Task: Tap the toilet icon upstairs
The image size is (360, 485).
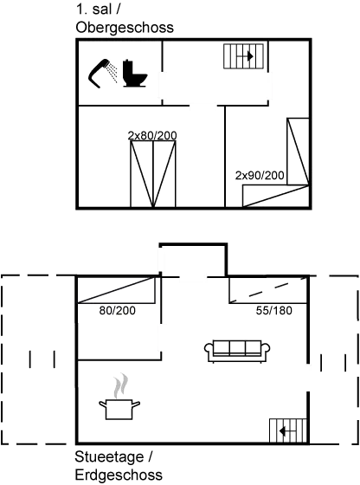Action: point(134,73)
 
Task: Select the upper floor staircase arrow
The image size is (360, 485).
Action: point(246,56)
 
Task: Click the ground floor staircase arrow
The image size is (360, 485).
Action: point(287,431)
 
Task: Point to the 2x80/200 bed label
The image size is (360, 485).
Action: point(152,135)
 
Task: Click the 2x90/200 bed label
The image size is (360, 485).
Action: point(260,175)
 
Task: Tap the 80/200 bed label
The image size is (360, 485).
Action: point(118,310)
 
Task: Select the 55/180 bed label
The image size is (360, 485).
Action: point(274,310)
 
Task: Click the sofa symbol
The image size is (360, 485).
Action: point(237,351)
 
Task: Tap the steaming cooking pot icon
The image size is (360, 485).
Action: point(119,408)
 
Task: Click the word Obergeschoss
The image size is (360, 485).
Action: point(125,28)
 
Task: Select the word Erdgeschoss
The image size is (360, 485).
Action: point(119,475)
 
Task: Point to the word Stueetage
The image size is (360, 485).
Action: point(109,457)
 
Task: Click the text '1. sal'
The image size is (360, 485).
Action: point(93,10)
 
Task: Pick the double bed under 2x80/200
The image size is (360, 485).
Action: point(153,174)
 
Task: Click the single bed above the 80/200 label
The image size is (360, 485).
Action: point(116,290)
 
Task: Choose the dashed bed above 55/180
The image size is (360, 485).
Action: point(268,290)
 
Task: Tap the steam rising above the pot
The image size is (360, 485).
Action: point(120,385)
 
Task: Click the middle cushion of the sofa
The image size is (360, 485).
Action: point(237,348)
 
